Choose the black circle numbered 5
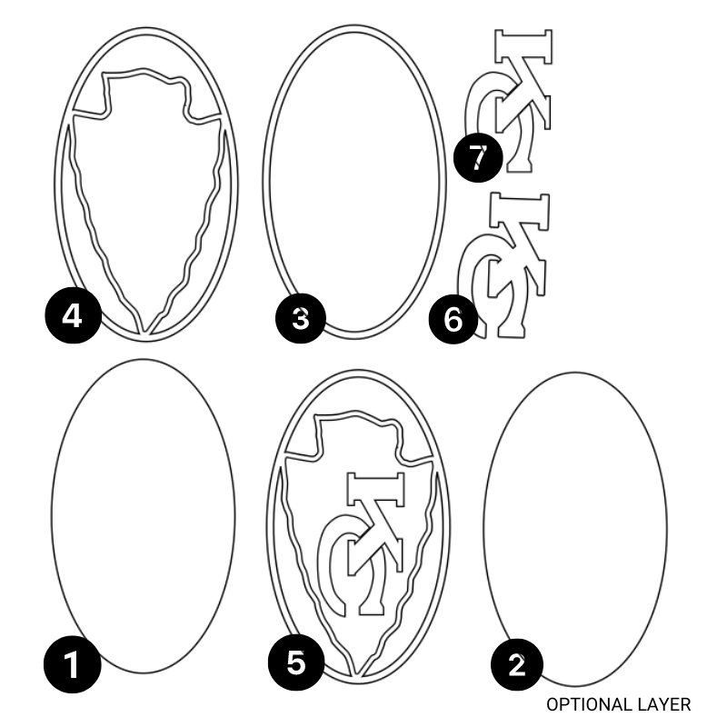pyautogui.click(x=296, y=662)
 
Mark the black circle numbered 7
pyautogui.click(x=478, y=157)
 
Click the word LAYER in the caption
pyautogui.click(x=662, y=704)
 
